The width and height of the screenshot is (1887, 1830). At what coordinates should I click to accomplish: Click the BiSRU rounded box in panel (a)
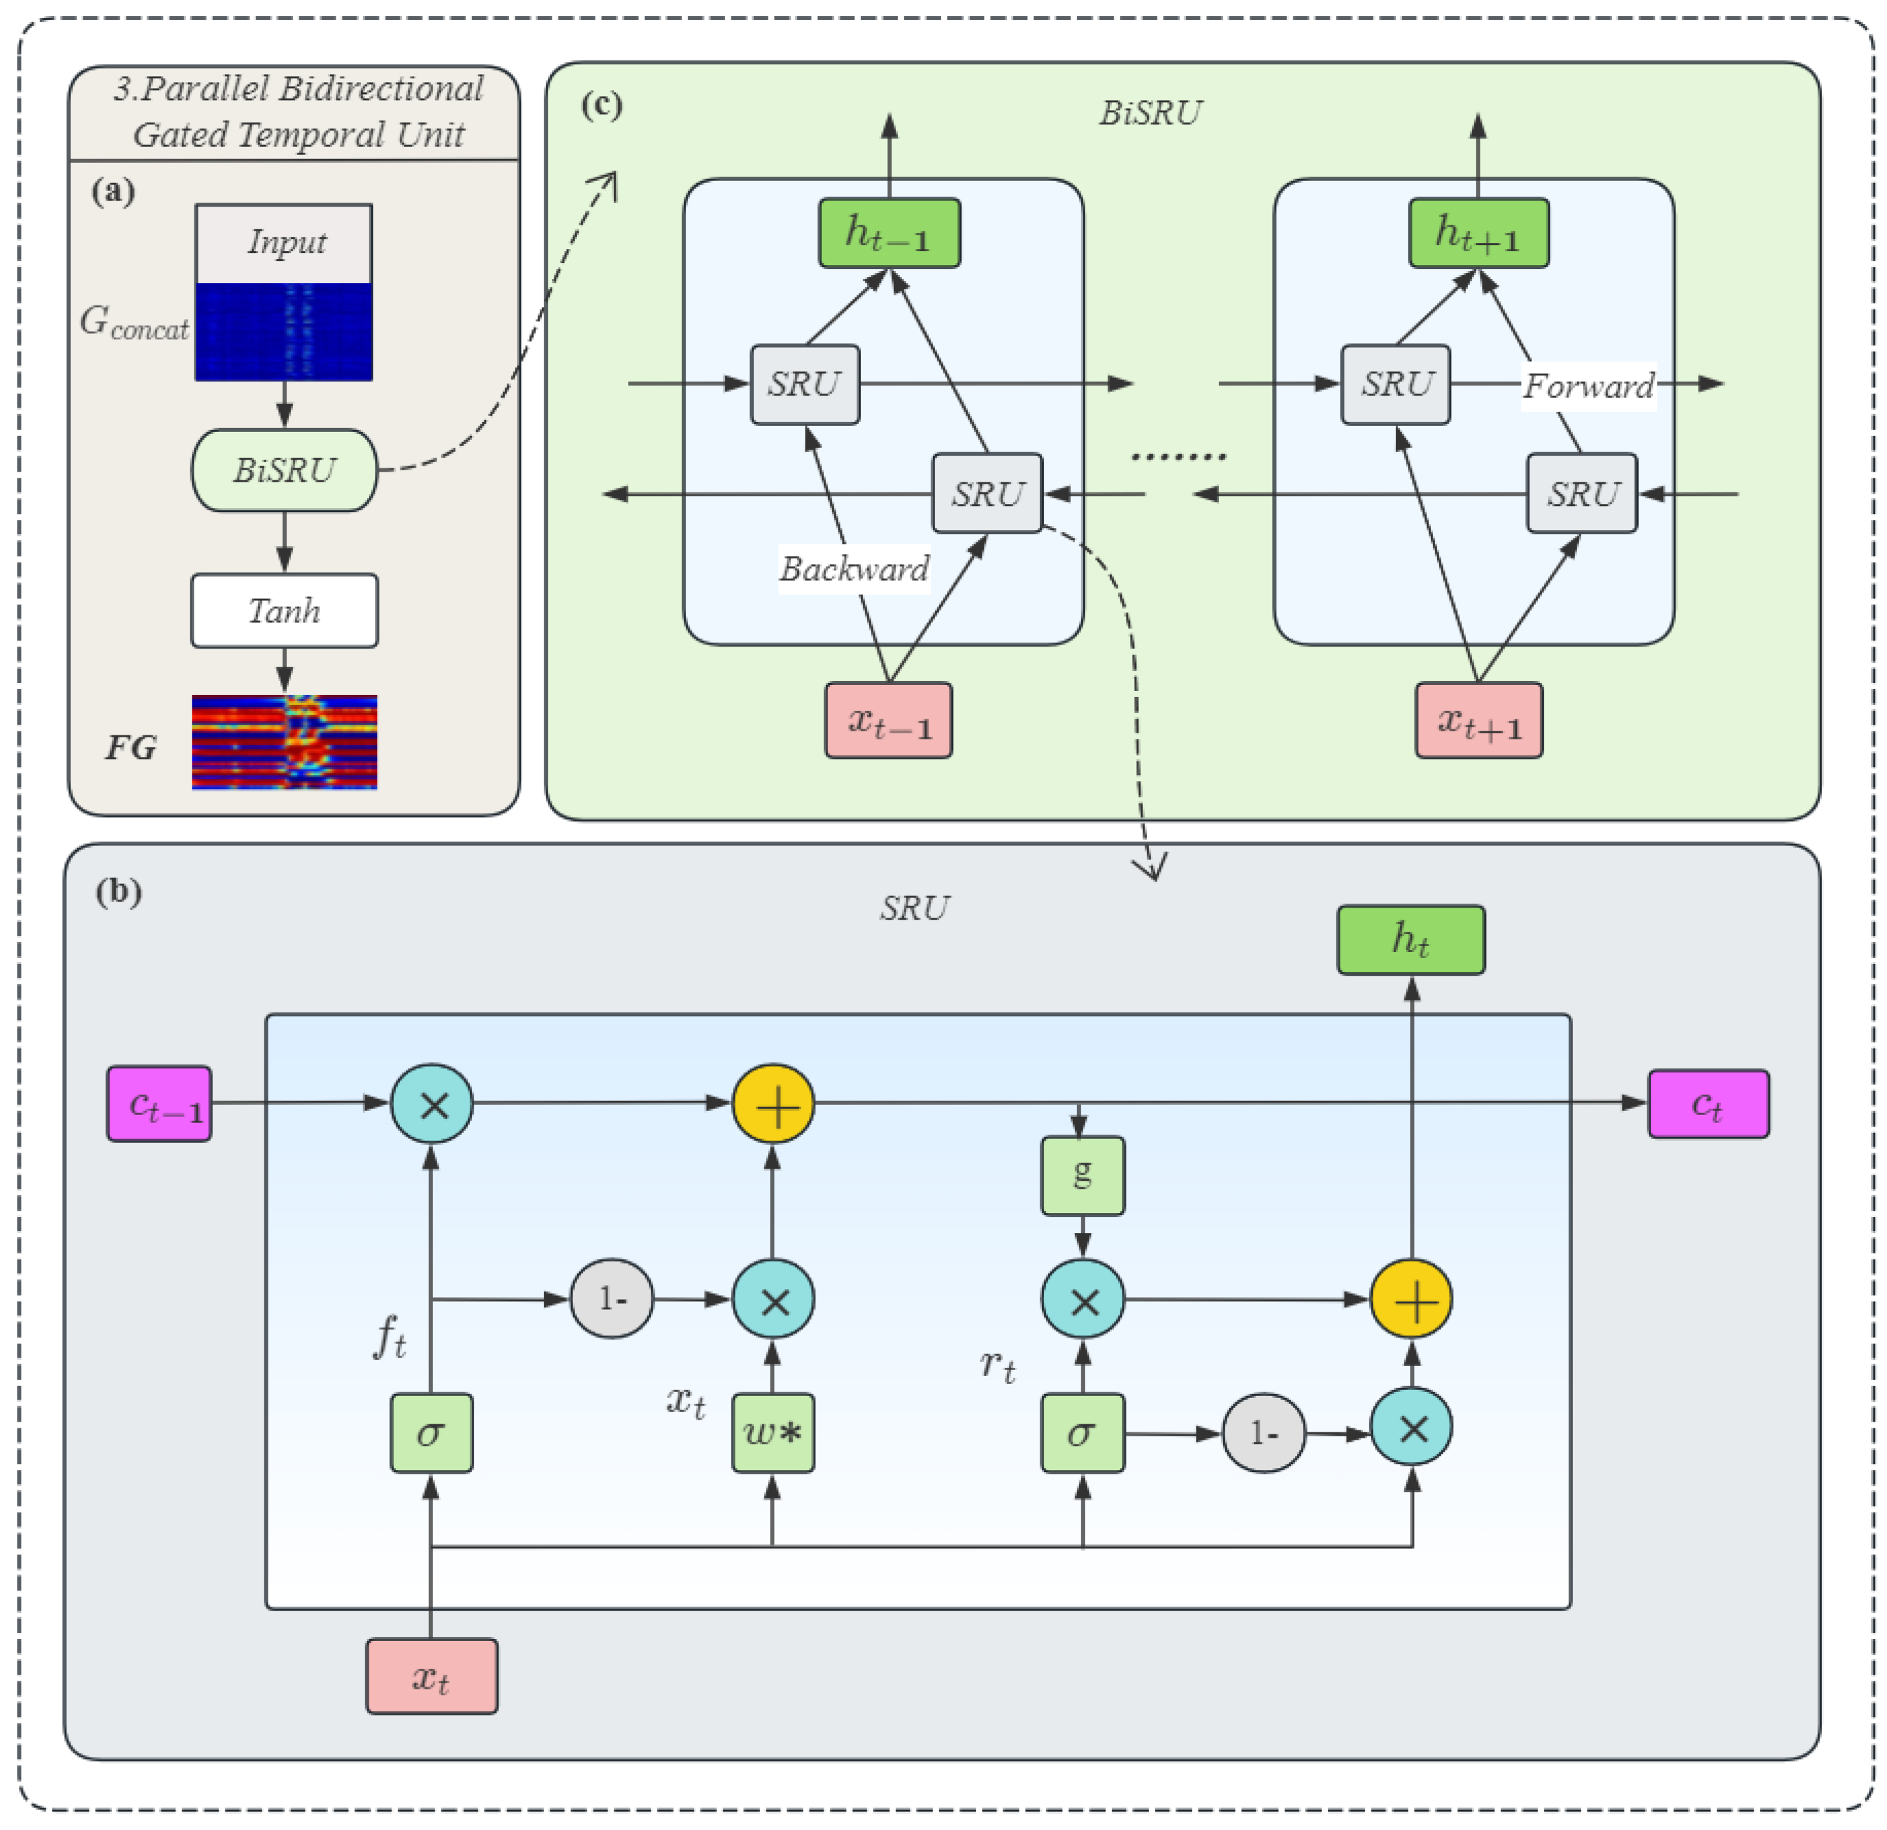tap(284, 470)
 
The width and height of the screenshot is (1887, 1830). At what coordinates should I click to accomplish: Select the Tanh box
tap(284, 610)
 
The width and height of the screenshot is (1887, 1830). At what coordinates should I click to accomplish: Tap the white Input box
tap(284, 244)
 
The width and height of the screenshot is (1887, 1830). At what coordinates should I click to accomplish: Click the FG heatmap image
tap(284, 742)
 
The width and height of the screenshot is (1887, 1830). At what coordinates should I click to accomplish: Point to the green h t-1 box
tap(888, 233)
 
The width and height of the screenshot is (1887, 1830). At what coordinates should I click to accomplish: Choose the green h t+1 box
tap(1479, 233)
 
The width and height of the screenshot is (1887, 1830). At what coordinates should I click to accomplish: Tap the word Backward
tap(854, 569)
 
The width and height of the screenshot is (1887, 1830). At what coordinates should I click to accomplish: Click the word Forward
tap(1589, 386)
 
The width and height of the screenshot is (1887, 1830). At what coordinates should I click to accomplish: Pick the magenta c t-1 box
tap(159, 1104)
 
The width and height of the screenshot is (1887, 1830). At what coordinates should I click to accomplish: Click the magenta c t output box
tap(1709, 1104)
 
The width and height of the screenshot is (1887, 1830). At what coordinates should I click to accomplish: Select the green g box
tap(1083, 1175)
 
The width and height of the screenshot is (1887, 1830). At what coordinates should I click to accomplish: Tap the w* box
tap(773, 1433)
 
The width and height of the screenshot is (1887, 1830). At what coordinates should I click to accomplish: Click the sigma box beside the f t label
tap(431, 1433)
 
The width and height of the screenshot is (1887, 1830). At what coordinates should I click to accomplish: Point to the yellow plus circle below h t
tap(1411, 1300)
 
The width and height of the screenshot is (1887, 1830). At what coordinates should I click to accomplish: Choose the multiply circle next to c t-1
tap(431, 1104)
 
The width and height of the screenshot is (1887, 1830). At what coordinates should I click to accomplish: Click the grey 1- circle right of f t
tap(612, 1300)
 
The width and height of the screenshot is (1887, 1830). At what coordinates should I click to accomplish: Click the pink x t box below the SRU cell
tap(431, 1677)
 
